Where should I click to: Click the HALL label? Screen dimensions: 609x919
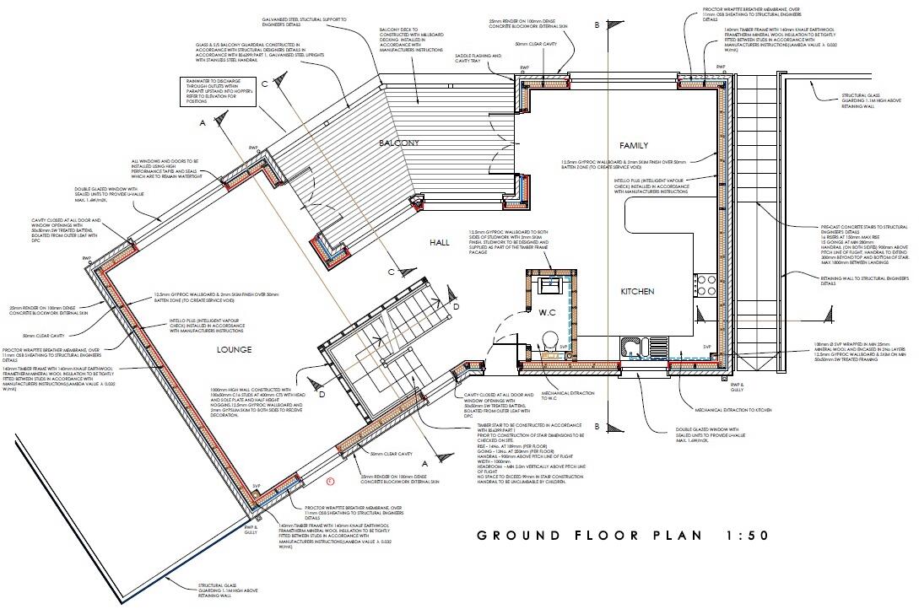[x=440, y=242]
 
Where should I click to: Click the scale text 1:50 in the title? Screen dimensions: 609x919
[x=745, y=536]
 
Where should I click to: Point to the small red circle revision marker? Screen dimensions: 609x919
[x=330, y=482]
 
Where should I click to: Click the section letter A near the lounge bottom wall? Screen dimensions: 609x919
[x=425, y=463]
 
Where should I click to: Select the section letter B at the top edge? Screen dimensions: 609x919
[x=596, y=25]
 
